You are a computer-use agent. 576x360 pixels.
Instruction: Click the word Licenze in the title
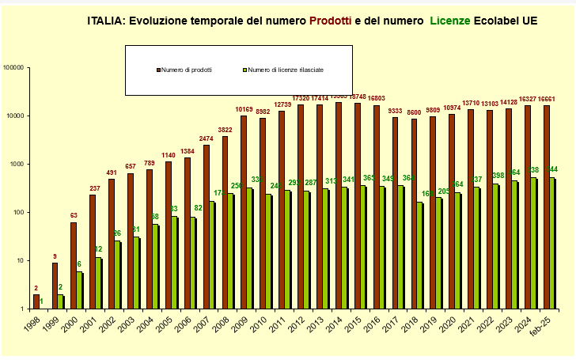450,21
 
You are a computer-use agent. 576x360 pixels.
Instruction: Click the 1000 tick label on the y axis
19,165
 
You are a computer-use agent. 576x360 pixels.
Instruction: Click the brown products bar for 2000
74,266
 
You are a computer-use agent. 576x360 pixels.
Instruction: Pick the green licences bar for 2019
440,252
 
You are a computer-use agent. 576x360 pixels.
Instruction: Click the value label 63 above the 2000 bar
74,215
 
